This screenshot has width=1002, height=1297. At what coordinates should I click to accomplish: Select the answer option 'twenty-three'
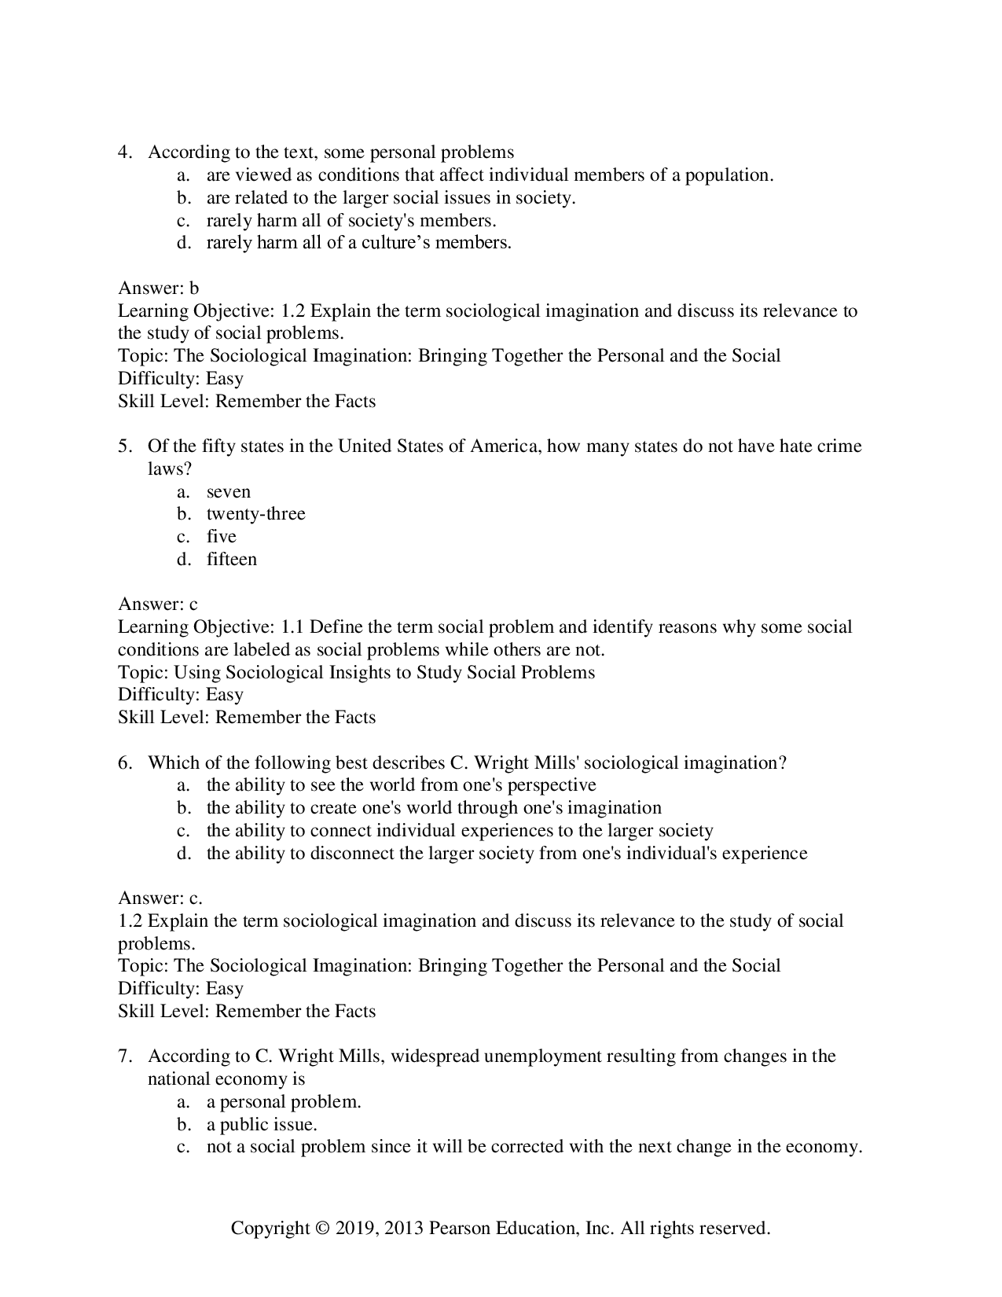click(255, 514)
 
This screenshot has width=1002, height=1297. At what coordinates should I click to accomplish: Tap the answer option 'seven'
click(228, 492)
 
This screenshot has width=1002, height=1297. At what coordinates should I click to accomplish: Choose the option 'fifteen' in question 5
click(231, 560)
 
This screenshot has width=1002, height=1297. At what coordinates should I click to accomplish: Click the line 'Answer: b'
click(158, 288)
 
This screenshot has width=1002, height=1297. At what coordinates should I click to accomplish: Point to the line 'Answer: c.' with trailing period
click(160, 898)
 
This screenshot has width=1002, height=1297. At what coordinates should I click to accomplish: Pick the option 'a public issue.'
click(262, 1125)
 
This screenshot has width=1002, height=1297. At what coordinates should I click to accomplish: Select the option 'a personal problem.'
click(284, 1102)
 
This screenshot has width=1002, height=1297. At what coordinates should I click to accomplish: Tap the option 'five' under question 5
click(221, 537)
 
